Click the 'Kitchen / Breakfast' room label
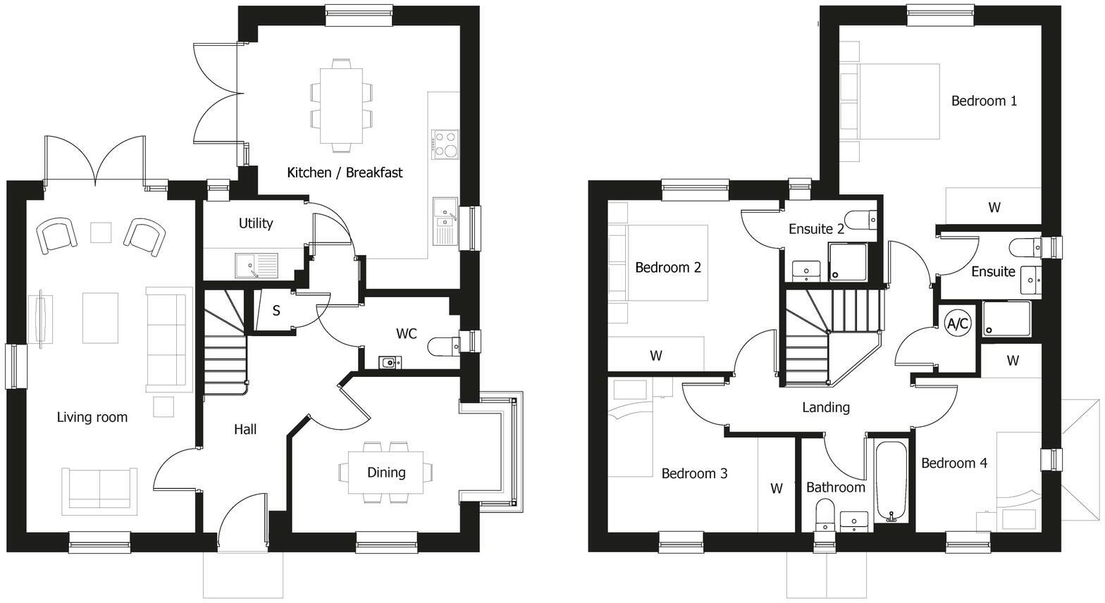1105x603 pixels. coord(345,173)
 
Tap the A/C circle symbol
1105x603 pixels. coord(957,324)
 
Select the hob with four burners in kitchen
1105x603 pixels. coord(445,144)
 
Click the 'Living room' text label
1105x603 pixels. coord(92,417)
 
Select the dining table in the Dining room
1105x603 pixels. coord(386,473)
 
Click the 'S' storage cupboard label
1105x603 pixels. coord(276,311)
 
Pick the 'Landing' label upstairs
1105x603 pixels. coord(825,407)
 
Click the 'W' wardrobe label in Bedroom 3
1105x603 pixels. coord(776,488)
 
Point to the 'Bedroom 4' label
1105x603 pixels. coord(953,463)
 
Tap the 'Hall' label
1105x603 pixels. coord(245,429)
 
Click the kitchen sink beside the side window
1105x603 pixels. coord(445,220)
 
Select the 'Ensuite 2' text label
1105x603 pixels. coord(816,229)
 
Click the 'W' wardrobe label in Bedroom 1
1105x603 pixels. coord(994,207)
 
